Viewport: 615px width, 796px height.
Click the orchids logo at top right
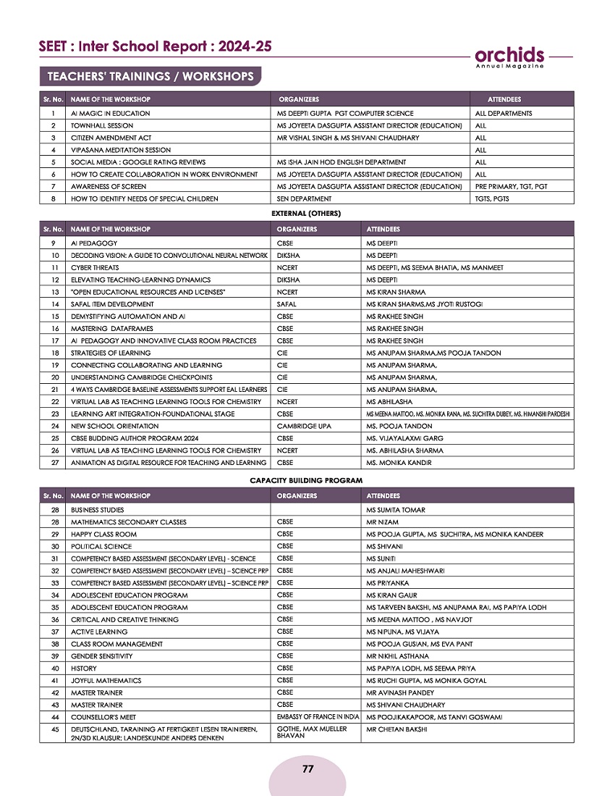(x=509, y=56)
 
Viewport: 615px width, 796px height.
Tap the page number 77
(x=307, y=769)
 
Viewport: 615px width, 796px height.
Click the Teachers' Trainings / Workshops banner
(x=150, y=76)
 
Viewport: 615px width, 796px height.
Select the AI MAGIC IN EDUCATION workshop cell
(x=111, y=114)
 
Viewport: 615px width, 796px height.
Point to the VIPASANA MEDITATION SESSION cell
(x=121, y=150)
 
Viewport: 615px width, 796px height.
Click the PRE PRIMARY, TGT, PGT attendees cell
(x=511, y=187)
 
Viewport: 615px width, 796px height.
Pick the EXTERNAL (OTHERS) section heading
(x=305, y=213)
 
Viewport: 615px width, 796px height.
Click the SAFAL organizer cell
(x=287, y=304)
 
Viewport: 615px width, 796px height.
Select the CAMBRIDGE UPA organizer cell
(x=304, y=426)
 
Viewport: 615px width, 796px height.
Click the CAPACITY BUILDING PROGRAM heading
(x=306, y=480)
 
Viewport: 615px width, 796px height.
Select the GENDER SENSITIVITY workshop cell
(x=102, y=656)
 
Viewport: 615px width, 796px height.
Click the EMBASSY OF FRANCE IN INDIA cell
(x=318, y=717)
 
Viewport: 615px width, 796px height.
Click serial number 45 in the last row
(x=54, y=729)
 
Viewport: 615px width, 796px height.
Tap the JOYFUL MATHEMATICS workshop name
(x=106, y=681)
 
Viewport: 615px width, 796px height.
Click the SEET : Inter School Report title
(x=156, y=46)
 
